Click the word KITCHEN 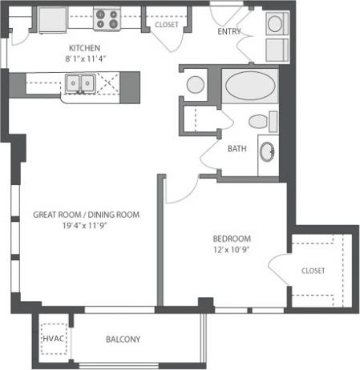(83, 47)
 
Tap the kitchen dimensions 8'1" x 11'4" (83, 58)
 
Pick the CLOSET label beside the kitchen (166, 25)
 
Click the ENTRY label (231, 32)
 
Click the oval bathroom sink (268, 151)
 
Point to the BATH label (237, 148)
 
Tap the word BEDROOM (232, 239)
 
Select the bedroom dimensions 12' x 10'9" (232, 251)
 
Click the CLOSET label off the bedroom (313, 271)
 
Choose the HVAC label (53, 339)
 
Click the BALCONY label (123, 339)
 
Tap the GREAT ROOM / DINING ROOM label (87, 215)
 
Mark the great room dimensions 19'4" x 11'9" (87, 227)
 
